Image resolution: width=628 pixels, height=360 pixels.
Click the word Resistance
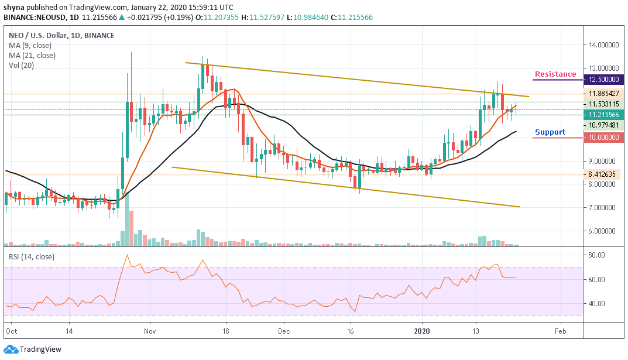click(x=555, y=74)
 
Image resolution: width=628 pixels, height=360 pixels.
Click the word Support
click(x=550, y=132)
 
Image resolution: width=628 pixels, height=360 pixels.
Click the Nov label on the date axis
click(x=150, y=330)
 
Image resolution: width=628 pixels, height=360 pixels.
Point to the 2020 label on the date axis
click(x=422, y=330)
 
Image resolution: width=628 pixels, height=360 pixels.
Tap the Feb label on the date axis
click(x=561, y=330)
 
